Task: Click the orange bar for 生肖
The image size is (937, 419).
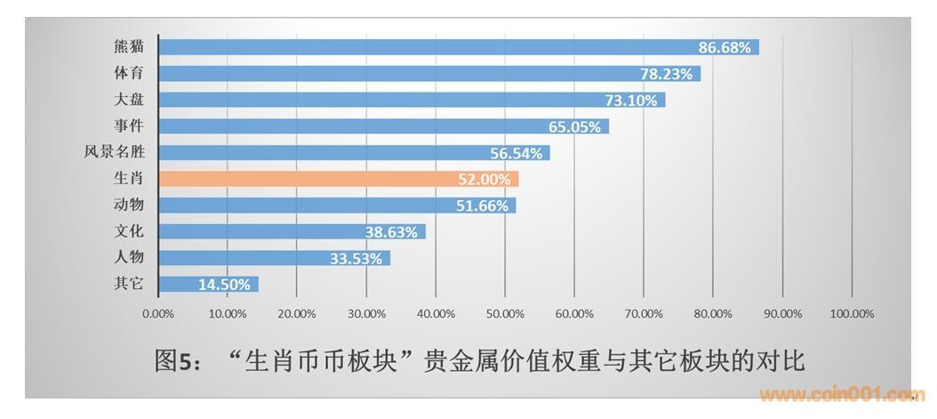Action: click(338, 179)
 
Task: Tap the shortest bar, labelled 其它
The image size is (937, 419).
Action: click(208, 285)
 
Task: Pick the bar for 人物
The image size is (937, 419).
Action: click(274, 259)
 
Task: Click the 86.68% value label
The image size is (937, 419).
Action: click(725, 47)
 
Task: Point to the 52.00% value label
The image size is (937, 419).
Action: click(485, 180)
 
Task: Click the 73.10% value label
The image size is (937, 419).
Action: click(631, 101)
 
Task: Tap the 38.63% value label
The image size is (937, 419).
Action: click(391, 232)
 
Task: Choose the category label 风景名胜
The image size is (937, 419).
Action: click(115, 152)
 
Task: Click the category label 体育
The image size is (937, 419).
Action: click(130, 73)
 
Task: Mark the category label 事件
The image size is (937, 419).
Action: click(130, 125)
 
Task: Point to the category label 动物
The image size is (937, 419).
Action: click(130, 205)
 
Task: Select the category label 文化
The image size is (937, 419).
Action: click(130, 231)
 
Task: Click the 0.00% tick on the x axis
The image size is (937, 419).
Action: click(158, 313)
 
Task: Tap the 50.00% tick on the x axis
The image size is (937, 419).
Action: click(505, 313)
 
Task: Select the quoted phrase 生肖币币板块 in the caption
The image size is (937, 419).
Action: click(324, 361)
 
